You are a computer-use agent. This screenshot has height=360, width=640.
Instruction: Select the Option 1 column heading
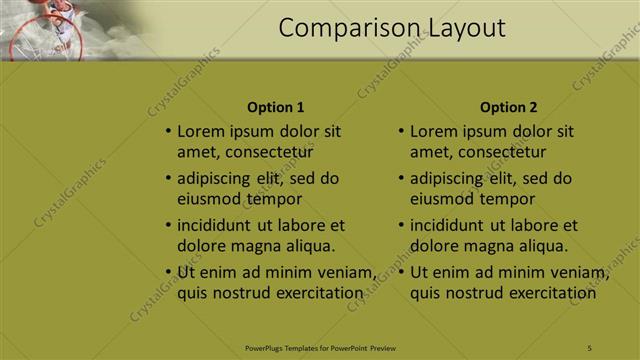coord(275,107)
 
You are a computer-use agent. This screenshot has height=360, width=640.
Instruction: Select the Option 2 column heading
coord(508,107)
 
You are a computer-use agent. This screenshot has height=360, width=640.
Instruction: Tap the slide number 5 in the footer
coord(590,347)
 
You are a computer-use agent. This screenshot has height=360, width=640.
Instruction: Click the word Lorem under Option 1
coord(200,131)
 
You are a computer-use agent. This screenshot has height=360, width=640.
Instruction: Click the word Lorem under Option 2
coord(433,131)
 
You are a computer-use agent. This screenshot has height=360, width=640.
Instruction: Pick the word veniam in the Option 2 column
coord(582,273)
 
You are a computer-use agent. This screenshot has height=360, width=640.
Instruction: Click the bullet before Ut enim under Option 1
coord(167,273)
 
